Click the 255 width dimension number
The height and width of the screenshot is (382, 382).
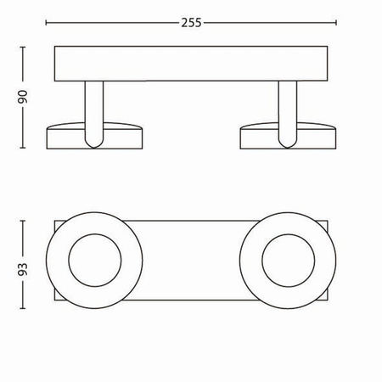[192, 23]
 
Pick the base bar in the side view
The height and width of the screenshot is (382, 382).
[191, 64]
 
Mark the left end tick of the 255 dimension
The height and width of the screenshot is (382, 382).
[53, 23]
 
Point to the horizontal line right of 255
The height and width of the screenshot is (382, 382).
[272, 23]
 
